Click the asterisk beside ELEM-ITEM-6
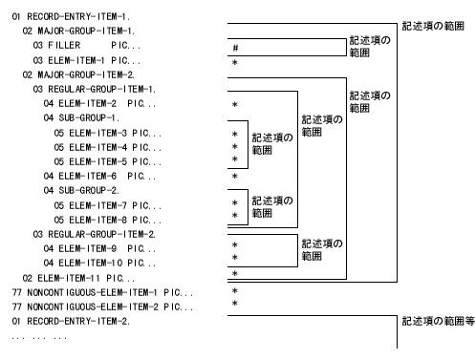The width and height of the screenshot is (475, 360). pos(235,177)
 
